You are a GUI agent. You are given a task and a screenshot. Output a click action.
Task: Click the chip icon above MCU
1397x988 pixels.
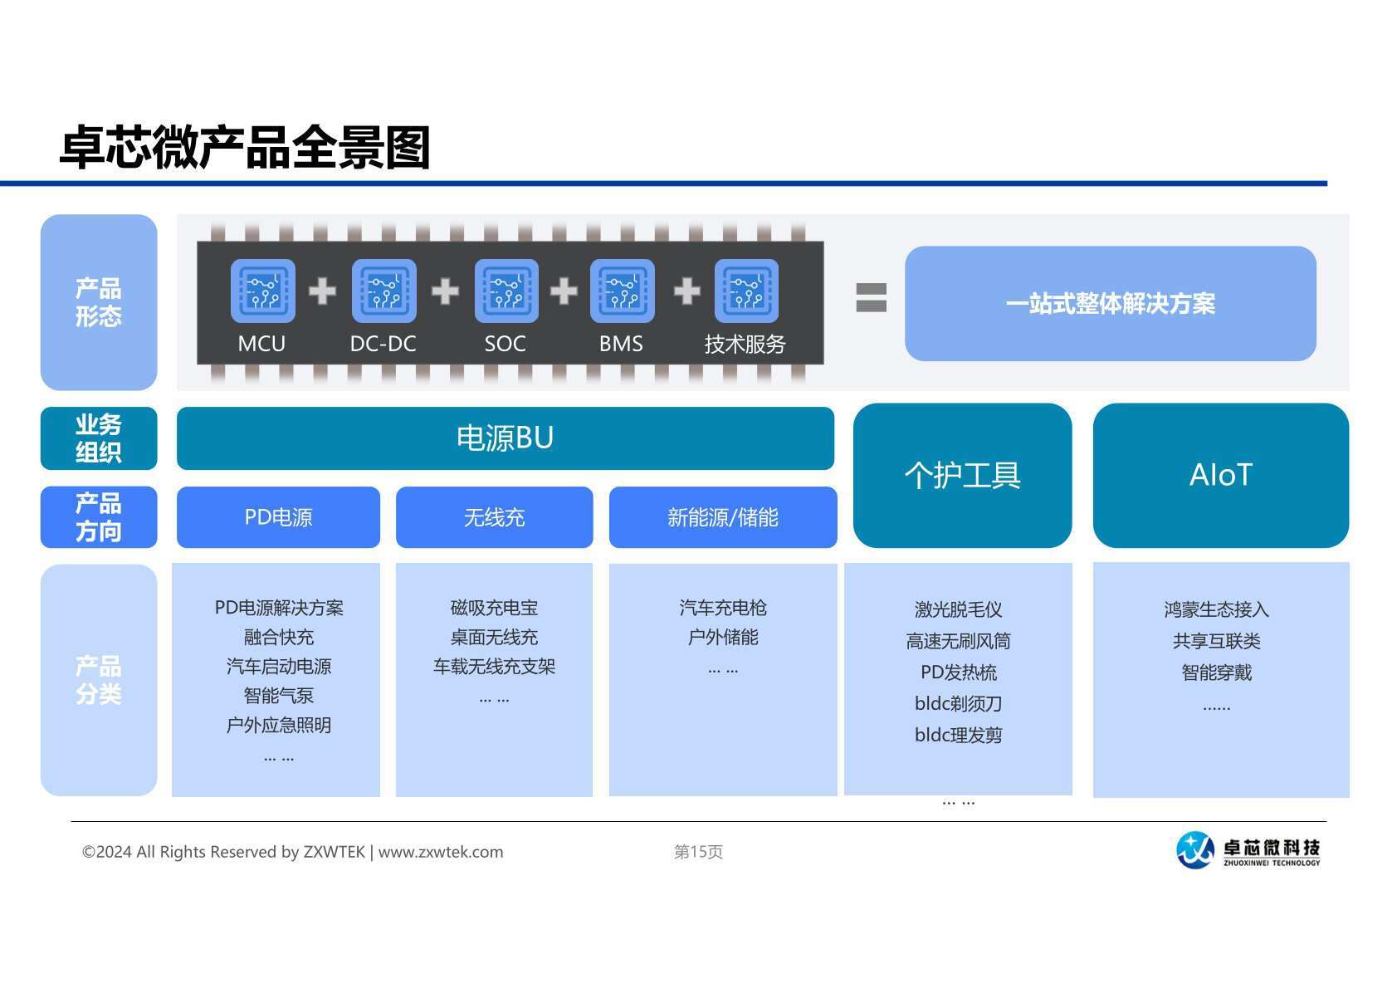coord(262,291)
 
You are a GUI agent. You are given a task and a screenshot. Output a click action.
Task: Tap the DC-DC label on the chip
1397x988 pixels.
coord(383,344)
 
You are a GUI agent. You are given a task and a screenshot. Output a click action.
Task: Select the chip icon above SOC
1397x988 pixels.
coord(506,291)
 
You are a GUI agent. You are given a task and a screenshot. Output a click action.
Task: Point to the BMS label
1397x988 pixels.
coord(621,344)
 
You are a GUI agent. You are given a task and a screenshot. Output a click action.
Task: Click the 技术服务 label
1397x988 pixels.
coord(745,344)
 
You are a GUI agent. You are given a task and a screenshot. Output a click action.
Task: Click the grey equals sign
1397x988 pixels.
coord(871,297)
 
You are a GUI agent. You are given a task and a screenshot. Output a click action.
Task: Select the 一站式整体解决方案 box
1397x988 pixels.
coord(1110,304)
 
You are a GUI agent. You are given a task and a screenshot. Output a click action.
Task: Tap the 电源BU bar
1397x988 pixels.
coord(505,438)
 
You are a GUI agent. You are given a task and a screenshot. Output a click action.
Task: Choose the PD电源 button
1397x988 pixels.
coord(278,517)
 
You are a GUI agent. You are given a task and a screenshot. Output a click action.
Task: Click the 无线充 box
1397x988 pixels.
coord(494,517)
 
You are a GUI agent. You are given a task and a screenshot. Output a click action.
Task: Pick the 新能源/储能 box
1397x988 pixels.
coord(722,517)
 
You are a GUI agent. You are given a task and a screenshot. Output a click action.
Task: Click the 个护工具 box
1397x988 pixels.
coord(962,475)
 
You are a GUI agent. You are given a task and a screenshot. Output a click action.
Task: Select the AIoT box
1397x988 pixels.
coord(1220,475)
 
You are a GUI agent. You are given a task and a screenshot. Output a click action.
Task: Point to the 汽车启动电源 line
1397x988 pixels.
coord(278,667)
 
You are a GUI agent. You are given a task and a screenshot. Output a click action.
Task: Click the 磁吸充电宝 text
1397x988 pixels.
coord(494,608)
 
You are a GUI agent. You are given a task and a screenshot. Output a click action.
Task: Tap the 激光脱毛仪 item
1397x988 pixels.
coord(958,609)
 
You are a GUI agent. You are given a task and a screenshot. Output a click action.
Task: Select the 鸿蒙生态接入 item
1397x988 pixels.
coord(1216,609)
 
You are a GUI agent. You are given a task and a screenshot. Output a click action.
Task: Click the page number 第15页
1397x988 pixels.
coord(698,852)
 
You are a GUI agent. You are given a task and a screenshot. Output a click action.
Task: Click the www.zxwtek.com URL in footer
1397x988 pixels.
coord(441,852)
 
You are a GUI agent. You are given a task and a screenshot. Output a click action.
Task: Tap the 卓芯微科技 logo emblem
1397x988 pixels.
coord(1195,849)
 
